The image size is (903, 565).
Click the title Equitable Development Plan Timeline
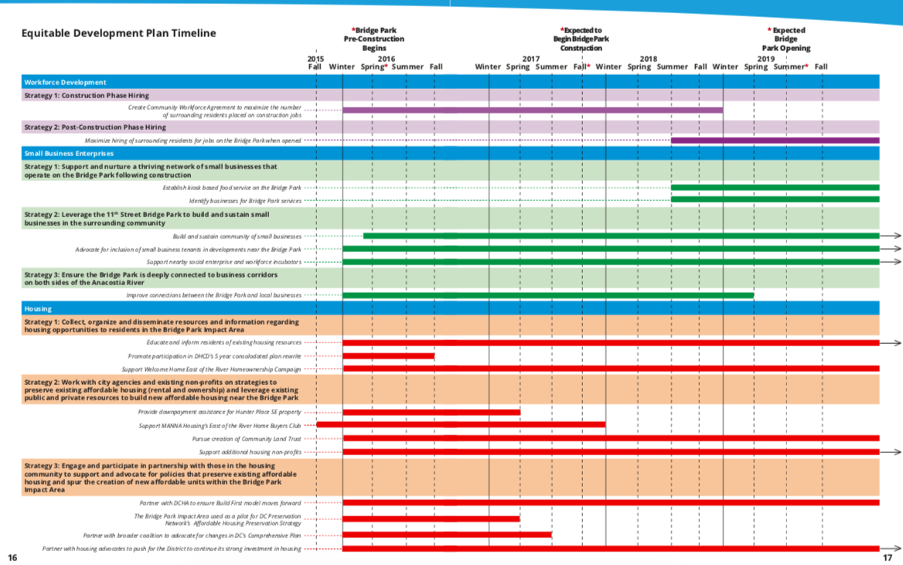(118, 33)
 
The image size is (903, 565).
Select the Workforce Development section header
(65, 82)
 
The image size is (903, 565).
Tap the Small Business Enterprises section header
(69, 153)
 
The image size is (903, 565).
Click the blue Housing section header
(38, 308)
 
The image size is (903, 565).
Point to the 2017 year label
(531, 59)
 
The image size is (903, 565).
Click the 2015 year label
(315, 59)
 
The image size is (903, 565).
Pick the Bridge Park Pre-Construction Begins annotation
(374, 39)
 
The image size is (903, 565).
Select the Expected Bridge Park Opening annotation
(786, 39)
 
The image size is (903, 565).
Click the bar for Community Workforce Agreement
(533, 111)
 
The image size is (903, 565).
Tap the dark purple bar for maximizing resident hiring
(775, 141)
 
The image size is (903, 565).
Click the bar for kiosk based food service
(775, 188)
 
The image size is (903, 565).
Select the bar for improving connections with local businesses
(548, 295)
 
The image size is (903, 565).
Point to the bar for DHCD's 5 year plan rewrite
(388, 356)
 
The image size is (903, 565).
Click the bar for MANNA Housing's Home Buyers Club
(461, 424)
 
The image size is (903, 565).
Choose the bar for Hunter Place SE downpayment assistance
(431, 413)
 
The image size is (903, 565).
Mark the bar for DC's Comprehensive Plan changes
(447, 534)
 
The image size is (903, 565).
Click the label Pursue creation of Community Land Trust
(247, 439)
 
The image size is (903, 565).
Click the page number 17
(888, 557)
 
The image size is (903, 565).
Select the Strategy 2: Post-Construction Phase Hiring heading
(95, 127)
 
